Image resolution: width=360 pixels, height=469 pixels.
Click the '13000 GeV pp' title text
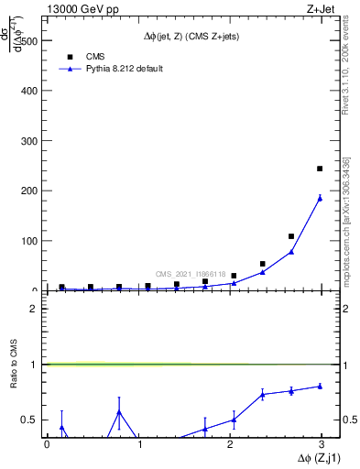(81, 9)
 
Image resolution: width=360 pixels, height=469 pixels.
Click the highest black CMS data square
(320, 169)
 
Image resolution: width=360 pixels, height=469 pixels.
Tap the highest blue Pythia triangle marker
(320, 198)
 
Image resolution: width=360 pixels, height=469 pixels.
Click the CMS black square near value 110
(291, 236)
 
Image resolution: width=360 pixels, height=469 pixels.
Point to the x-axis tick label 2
(231, 444)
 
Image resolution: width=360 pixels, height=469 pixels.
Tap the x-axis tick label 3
(322, 444)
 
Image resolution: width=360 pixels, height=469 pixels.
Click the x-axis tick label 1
(139, 444)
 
